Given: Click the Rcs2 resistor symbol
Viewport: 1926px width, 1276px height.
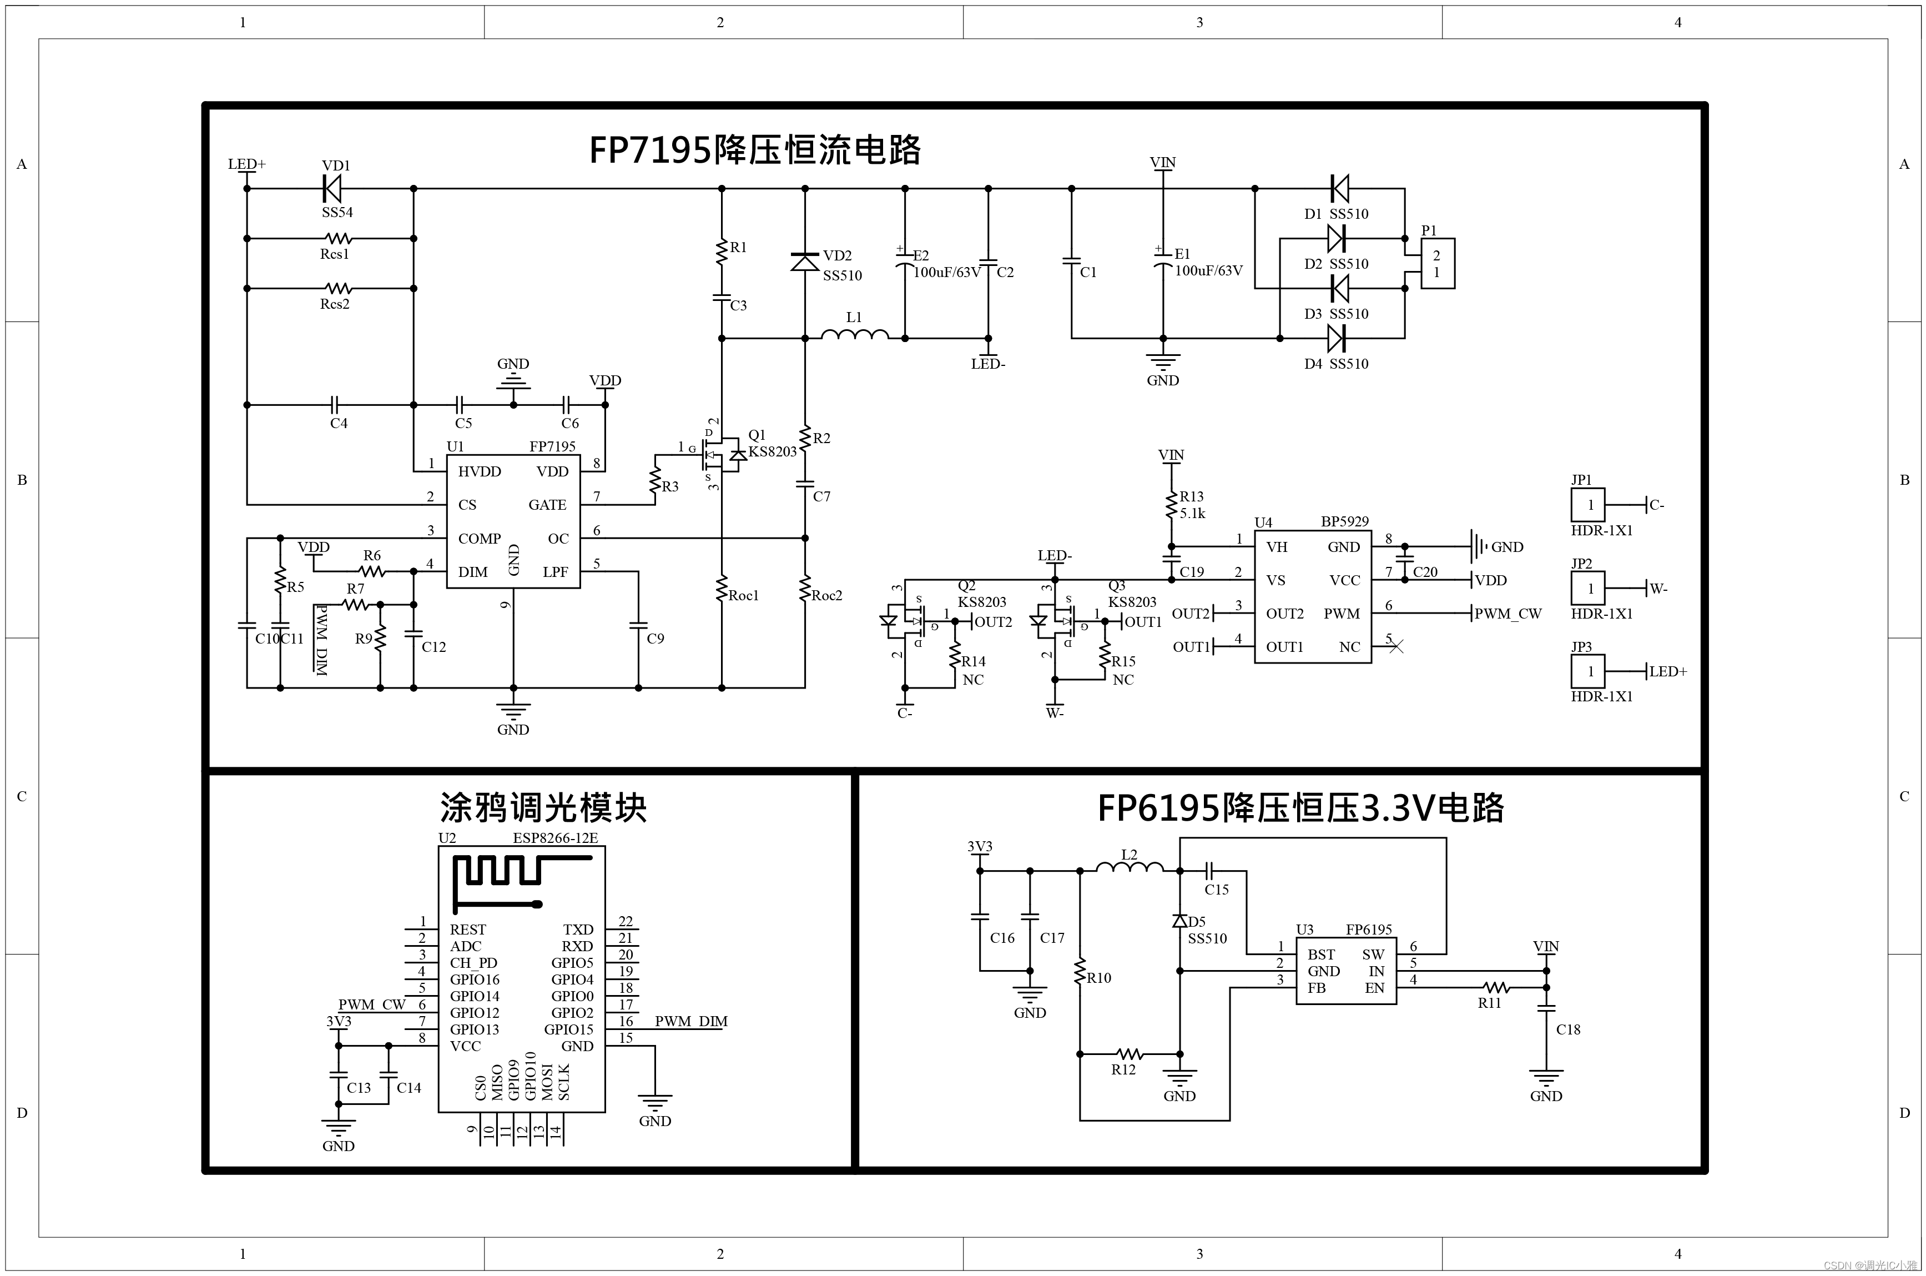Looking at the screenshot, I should click(337, 288).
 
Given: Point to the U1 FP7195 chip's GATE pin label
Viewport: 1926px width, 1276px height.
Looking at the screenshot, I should click(547, 505).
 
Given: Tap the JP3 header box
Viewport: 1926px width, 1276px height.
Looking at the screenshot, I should click(1587, 671).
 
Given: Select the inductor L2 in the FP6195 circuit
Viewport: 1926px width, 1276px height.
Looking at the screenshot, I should click(1130, 869).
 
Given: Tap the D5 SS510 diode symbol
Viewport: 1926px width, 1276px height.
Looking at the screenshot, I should click(1180, 921).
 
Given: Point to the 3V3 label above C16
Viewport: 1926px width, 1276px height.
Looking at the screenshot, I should click(979, 846).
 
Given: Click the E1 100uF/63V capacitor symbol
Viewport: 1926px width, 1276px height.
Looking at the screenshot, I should click(1163, 263).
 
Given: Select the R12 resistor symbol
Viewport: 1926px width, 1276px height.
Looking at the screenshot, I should click(1129, 1054).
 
